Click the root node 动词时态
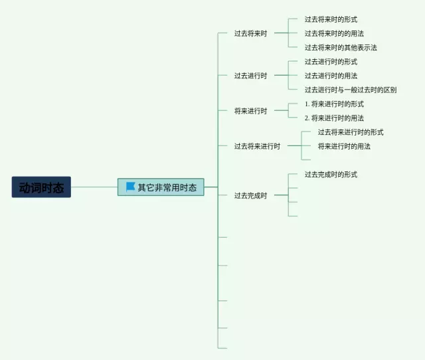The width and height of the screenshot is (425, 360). pos(41,187)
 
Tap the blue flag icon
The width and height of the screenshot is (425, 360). pos(130,187)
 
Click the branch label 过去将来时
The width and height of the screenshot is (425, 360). pos(250,33)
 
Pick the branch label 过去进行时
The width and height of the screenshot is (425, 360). pos(250,76)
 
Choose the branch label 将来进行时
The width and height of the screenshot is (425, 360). pos(250,111)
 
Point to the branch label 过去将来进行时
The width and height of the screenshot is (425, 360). pos(257,146)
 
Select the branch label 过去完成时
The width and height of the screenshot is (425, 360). pos(250,195)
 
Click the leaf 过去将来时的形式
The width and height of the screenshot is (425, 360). pos(331,19)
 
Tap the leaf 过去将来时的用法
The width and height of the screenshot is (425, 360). pos(334,33)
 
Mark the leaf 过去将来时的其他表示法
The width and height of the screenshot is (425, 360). pos(341,47)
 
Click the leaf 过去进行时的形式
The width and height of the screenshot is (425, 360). pos(331,62)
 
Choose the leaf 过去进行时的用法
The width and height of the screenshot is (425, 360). pos(331,76)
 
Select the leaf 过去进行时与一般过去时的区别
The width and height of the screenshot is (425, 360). pos(351,90)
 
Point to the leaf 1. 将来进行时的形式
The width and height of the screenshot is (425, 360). pos(334,104)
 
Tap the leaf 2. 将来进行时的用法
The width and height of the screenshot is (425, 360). pos(334,118)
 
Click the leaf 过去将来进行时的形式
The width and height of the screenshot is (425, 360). pos(351,132)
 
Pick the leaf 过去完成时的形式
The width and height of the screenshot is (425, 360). pos(331,174)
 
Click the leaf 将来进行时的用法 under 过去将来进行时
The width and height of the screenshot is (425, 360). pos(344,146)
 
